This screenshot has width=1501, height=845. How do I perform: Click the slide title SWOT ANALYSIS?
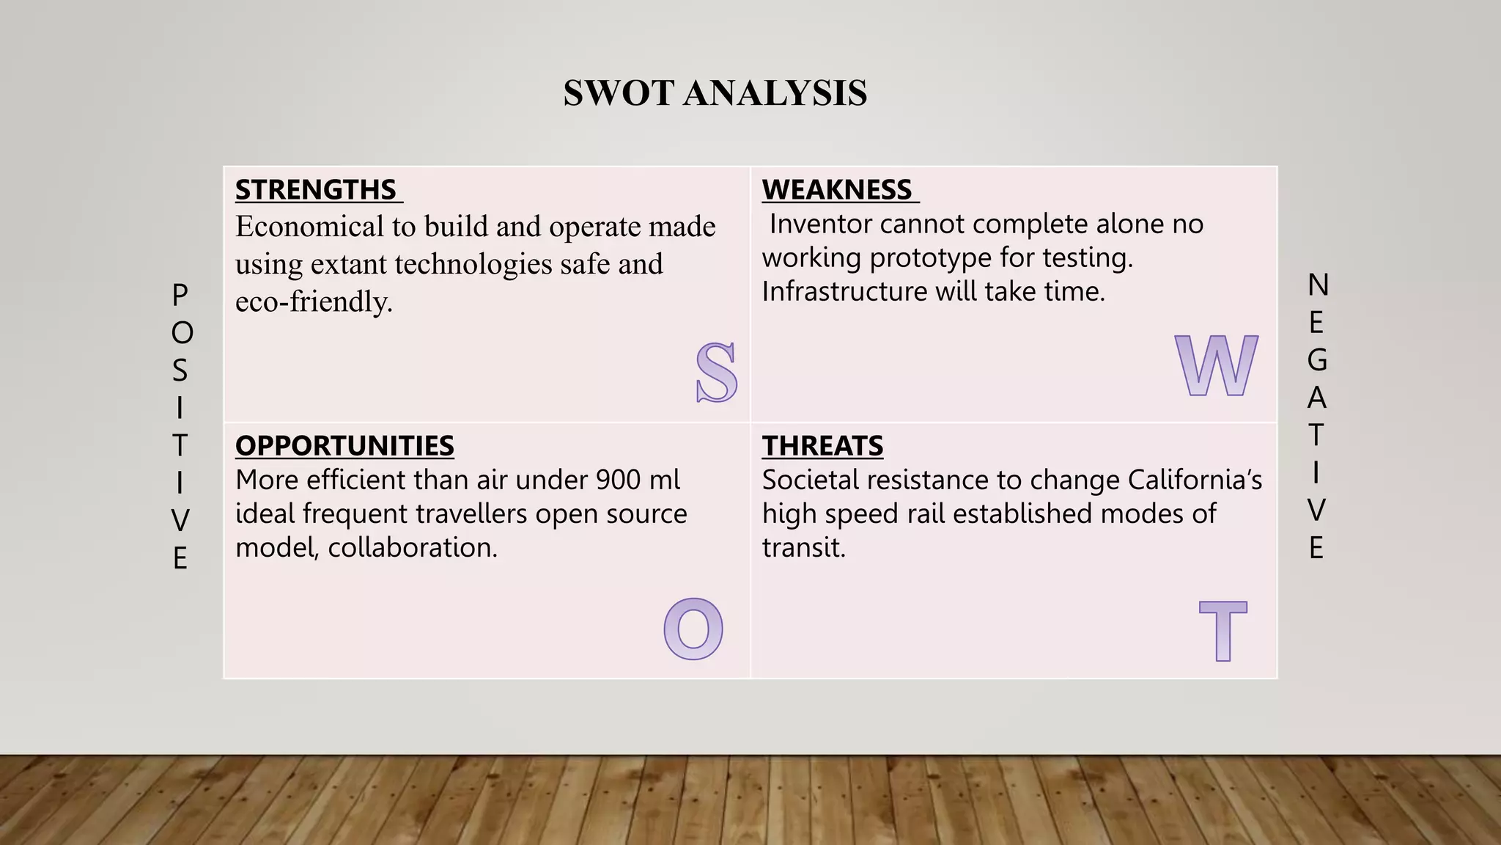coord(715,93)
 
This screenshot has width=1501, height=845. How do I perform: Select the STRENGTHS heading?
coord(316,190)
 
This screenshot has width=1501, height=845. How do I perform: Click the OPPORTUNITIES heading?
coord(344,446)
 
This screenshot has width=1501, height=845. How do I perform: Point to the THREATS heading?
coord(822,446)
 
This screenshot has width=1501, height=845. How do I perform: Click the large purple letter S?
coord(716,373)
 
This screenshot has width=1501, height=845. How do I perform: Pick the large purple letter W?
coord(1216,365)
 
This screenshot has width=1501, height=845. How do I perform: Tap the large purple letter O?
coord(693,629)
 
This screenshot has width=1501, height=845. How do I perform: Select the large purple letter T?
coord(1222,631)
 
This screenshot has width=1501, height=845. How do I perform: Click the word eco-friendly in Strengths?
coord(313,301)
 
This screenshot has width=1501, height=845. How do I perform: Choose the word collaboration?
coord(412,547)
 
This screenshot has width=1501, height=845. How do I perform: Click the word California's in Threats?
coord(1195,480)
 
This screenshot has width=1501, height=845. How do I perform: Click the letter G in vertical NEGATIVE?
coord(1317,360)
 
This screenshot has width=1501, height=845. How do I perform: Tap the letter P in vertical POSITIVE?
coord(180,295)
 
